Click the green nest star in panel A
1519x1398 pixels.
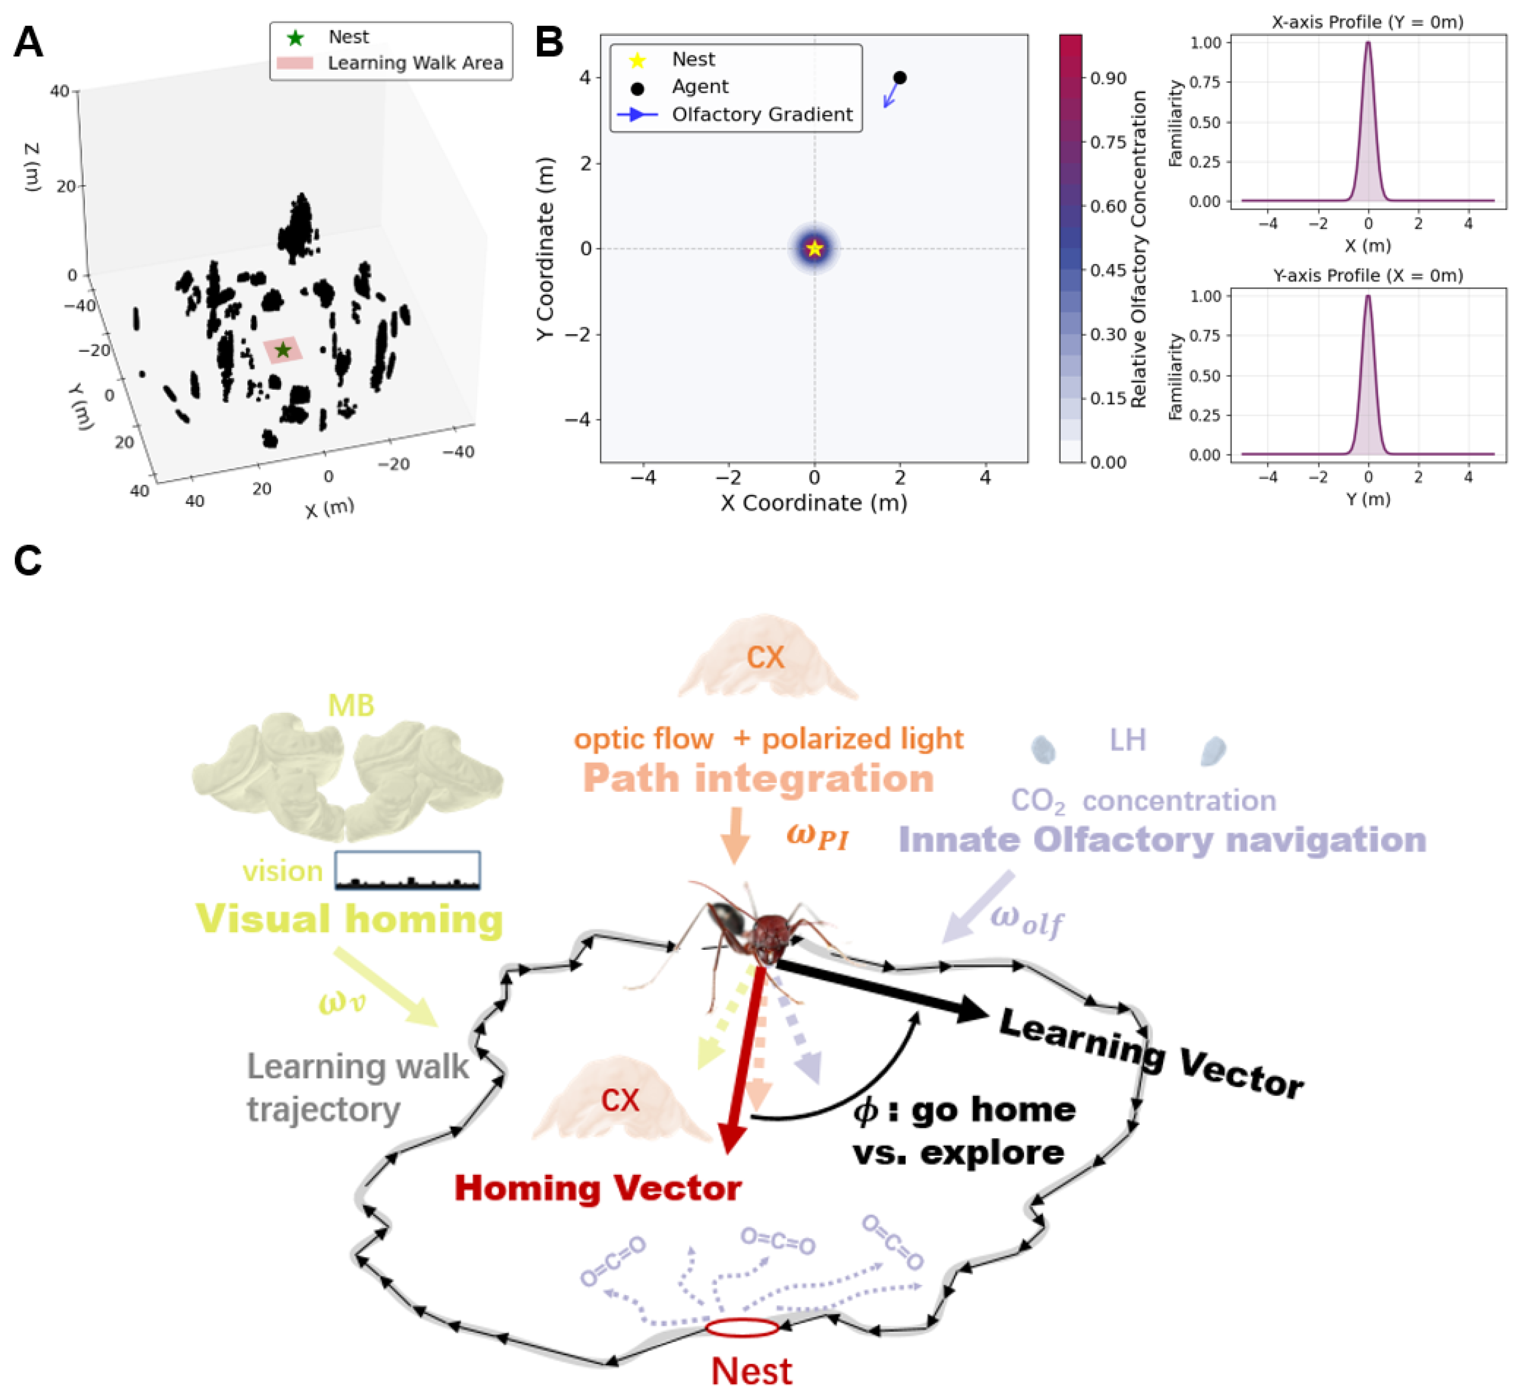tap(283, 350)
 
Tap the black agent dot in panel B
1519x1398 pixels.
tap(899, 78)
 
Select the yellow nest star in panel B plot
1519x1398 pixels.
tap(814, 248)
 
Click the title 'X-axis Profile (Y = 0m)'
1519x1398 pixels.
tap(1367, 22)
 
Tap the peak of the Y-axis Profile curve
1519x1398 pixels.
tap(1367, 296)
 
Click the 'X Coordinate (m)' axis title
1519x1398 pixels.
tap(814, 503)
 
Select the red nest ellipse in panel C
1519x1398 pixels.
tap(742, 1327)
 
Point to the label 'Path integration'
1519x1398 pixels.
tap(759, 778)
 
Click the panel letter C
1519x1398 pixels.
tap(28, 561)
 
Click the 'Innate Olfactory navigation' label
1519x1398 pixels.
tap(1162, 840)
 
